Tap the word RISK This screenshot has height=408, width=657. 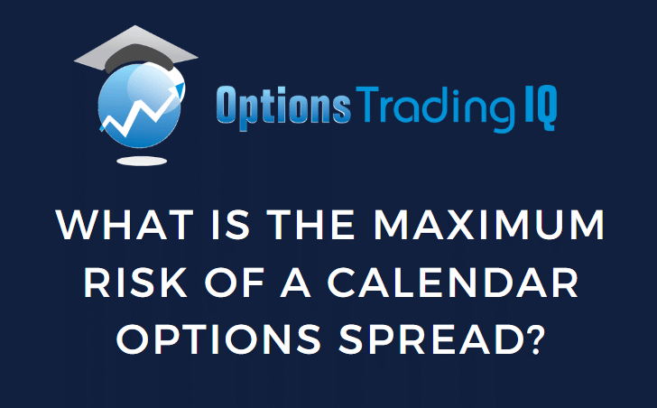click(134, 283)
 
